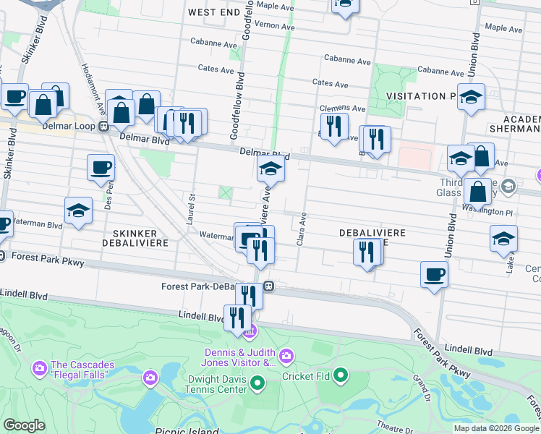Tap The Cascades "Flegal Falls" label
[79, 370]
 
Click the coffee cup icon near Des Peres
[101, 168]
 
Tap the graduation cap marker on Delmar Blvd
[271, 170]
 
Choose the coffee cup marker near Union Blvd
[434, 274]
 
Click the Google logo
[24, 425]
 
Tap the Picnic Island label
[187, 432]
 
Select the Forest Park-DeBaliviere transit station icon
[268, 286]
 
